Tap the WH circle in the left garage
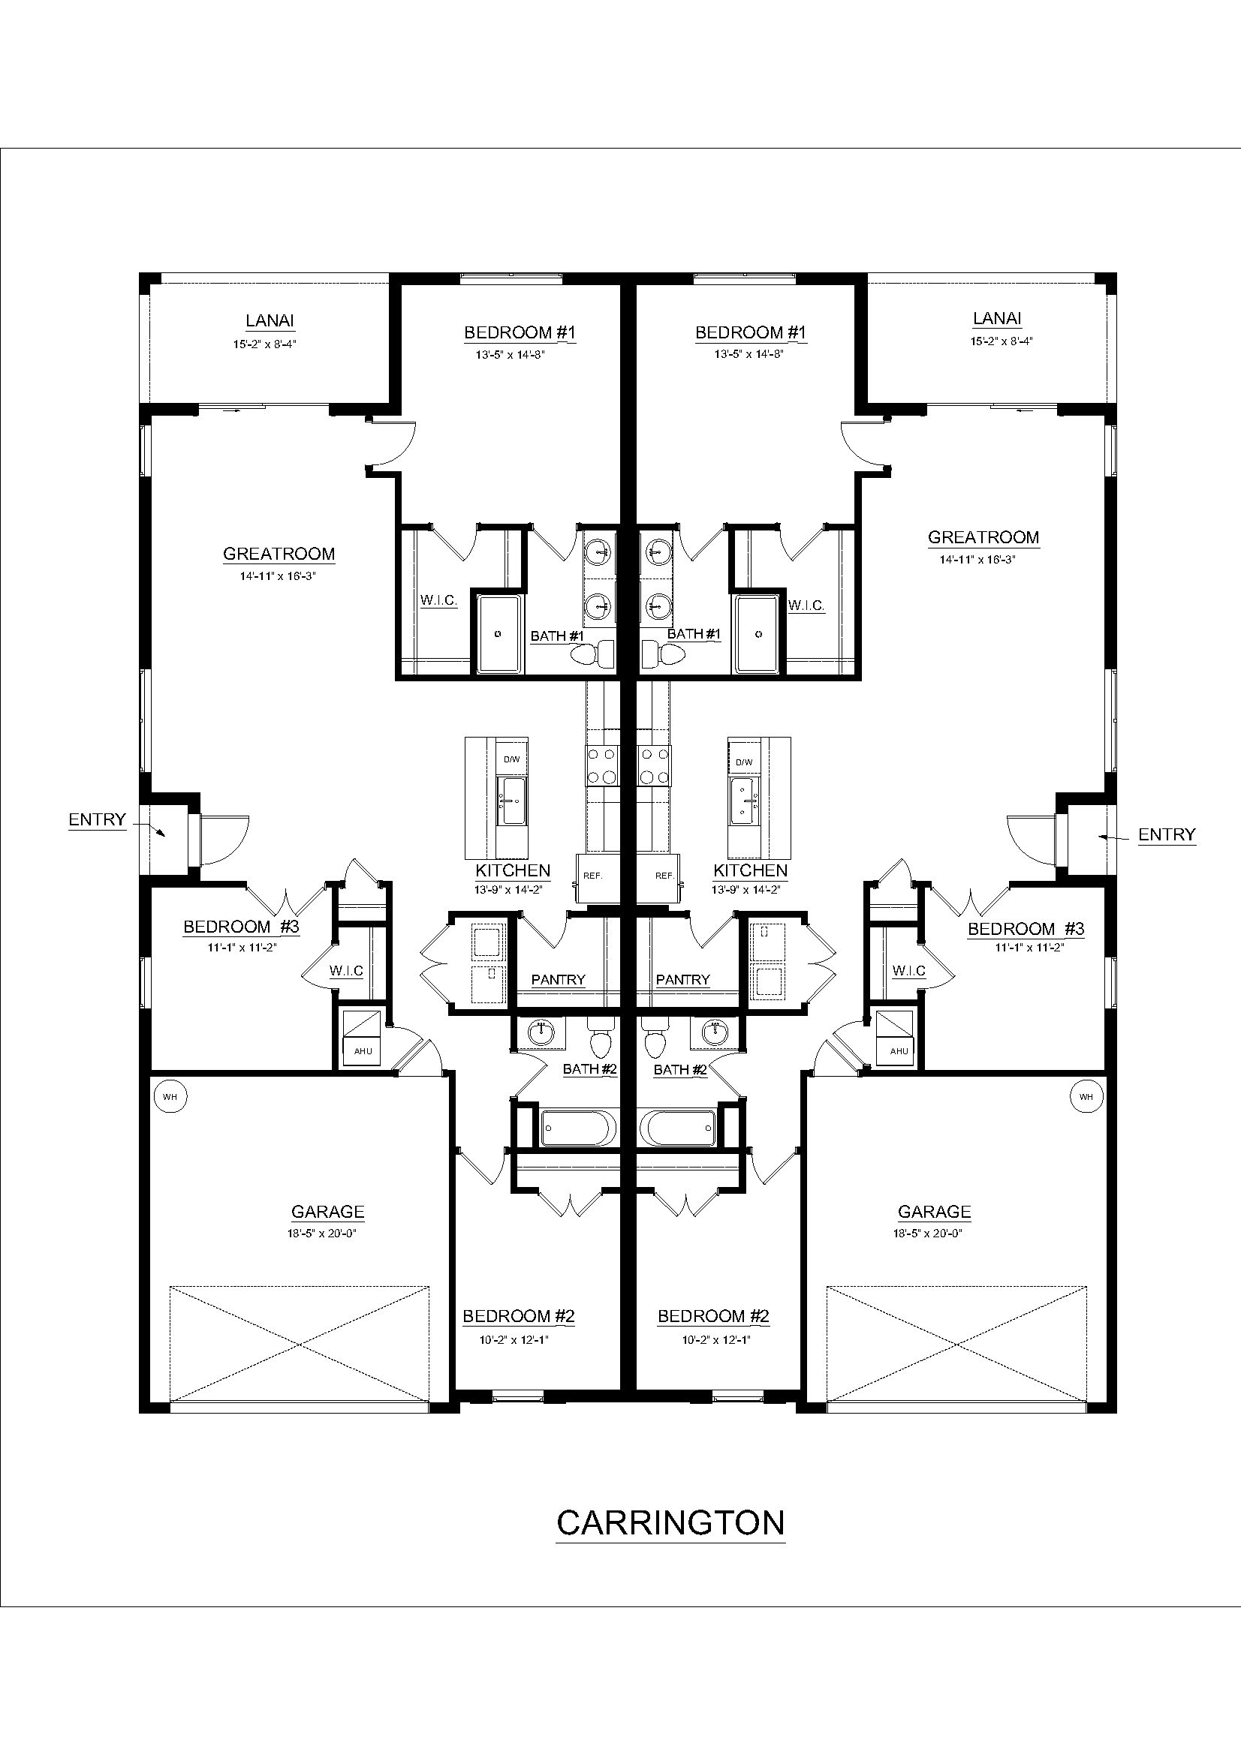pyautogui.click(x=170, y=1096)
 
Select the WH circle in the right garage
pyautogui.click(x=1086, y=1096)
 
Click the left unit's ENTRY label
pyautogui.click(x=97, y=819)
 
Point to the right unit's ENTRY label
pyautogui.click(x=1166, y=834)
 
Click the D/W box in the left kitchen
pyautogui.click(x=511, y=759)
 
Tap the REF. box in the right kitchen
pyautogui.click(x=664, y=875)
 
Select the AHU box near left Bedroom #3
pyautogui.click(x=363, y=1050)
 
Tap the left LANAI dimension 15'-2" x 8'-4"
pyautogui.click(x=264, y=344)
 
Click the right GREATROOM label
pyautogui.click(x=983, y=537)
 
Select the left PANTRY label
pyautogui.click(x=558, y=979)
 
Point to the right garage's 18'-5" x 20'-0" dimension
pyautogui.click(x=934, y=1233)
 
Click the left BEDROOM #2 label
pyautogui.click(x=519, y=1315)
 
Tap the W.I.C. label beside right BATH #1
pyautogui.click(x=806, y=606)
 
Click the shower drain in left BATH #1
pyautogui.click(x=499, y=634)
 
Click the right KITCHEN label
pyautogui.click(x=750, y=870)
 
